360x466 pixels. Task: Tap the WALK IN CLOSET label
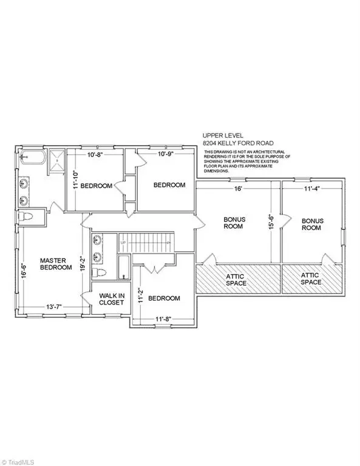pos(112,300)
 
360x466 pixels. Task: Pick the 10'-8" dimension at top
pos(96,154)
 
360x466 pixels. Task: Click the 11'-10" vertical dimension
pos(74,180)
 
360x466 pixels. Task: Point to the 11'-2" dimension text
pos(140,295)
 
